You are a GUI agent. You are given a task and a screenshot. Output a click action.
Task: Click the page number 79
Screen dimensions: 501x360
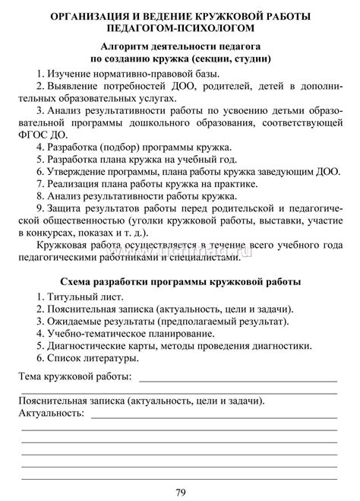[179, 491]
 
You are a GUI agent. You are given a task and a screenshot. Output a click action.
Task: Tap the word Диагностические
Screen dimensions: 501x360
[90, 347]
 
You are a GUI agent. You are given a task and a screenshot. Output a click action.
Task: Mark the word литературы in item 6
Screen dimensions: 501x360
[112, 359]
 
